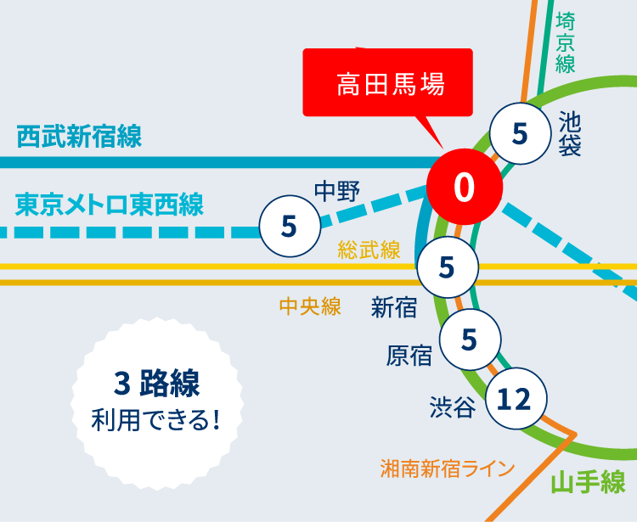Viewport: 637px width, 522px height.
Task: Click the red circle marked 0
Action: (463, 187)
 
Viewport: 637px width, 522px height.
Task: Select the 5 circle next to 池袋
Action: (521, 133)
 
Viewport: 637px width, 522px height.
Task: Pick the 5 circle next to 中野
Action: (289, 227)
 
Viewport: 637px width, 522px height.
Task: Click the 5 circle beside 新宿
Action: (447, 267)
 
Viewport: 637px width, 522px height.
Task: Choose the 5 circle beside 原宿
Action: (469, 339)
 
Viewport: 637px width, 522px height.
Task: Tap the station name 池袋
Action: (571, 134)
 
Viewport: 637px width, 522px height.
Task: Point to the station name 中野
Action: (337, 191)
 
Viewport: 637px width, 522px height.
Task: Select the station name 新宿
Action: (394, 307)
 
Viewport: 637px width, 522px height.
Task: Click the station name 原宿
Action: (409, 355)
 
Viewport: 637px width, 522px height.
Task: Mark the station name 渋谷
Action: (451, 407)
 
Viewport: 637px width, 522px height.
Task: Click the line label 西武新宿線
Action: (79, 136)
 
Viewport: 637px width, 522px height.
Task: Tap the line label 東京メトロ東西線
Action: (109, 205)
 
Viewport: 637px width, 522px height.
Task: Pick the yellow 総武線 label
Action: (369, 250)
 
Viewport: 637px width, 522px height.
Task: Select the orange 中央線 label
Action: (310, 306)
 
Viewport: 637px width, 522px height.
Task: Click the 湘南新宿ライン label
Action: (448, 468)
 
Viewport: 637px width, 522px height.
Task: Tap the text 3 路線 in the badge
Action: (157, 383)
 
